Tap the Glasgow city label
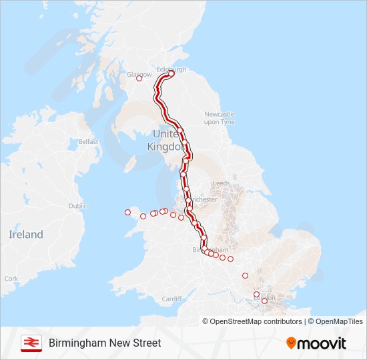pos(139,74)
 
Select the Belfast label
pos(88,141)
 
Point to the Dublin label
pos(78,206)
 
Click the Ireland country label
pos(25,235)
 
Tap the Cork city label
pos(11,279)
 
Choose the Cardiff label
pos(171,299)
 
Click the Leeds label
pos(221,183)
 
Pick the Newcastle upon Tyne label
pos(220,117)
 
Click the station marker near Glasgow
pos(139,79)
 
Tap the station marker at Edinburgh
pos(171,75)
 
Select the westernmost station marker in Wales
pos(127,213)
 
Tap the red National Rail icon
pos(31,343)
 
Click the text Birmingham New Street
pos(105,343)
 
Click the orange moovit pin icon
pos(291,343)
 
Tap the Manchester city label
pos(203,199)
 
